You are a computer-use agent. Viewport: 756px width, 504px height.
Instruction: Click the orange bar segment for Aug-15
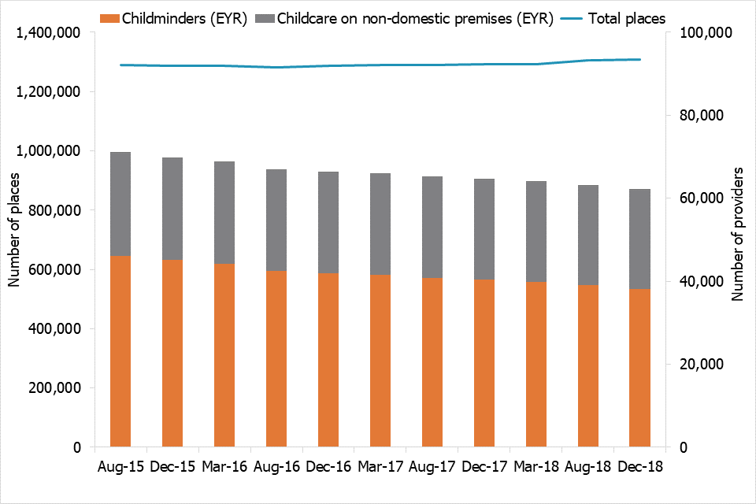[120, 351]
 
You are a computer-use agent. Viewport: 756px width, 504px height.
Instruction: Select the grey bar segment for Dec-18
[639, 239]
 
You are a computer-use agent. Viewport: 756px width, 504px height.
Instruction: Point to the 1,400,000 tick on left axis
[50, 33]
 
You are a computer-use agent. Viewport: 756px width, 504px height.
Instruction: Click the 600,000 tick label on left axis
[56, 270]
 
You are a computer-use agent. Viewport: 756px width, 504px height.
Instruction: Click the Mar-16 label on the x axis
[224, 466]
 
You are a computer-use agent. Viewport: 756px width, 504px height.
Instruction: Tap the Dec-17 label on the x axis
[484, 466]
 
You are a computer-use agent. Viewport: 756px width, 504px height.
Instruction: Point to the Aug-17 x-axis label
[432, 466]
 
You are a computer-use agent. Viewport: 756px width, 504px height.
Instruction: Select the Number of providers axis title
[738, 234]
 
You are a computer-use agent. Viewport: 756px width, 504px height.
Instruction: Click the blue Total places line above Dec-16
[328, 65]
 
